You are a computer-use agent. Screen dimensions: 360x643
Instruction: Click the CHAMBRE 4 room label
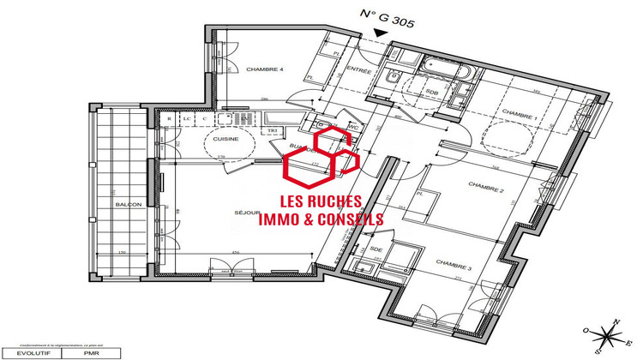(266, 69)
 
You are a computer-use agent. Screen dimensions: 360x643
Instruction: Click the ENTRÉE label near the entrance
(358, 71)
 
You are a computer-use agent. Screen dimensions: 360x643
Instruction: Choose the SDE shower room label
(376, 249)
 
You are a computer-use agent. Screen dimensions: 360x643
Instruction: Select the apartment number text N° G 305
(387, 16)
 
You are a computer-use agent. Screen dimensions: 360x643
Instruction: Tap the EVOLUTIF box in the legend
(23, 352)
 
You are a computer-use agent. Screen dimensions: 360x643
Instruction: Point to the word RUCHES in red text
(335, 201)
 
